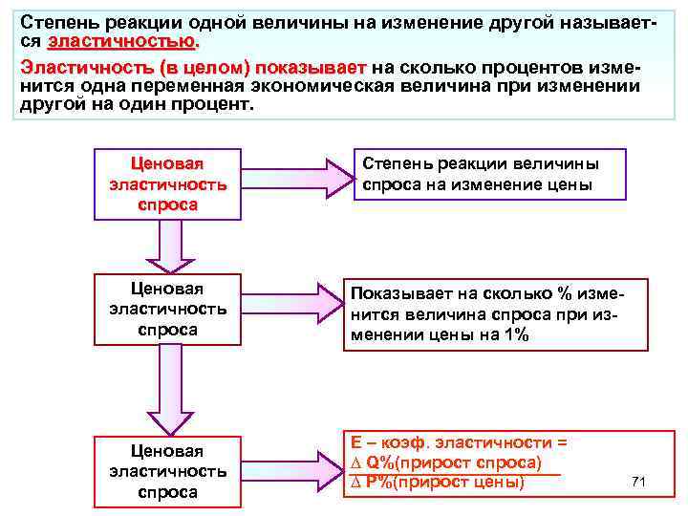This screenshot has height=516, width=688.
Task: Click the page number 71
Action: tap(639, 481)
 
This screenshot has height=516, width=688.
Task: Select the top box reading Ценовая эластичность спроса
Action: tap(167, 183)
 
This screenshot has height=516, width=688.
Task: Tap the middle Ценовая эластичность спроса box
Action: tap(167, 309)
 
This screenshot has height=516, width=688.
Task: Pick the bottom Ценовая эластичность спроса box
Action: tap(167, 471)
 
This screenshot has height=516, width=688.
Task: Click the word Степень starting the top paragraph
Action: tap(54, 21)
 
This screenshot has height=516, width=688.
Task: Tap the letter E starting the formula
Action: tap(356, 443)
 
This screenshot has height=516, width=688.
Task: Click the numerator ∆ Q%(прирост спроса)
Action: tap(447, 463)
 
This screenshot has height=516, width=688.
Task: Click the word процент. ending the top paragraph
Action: tap(215, 103)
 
